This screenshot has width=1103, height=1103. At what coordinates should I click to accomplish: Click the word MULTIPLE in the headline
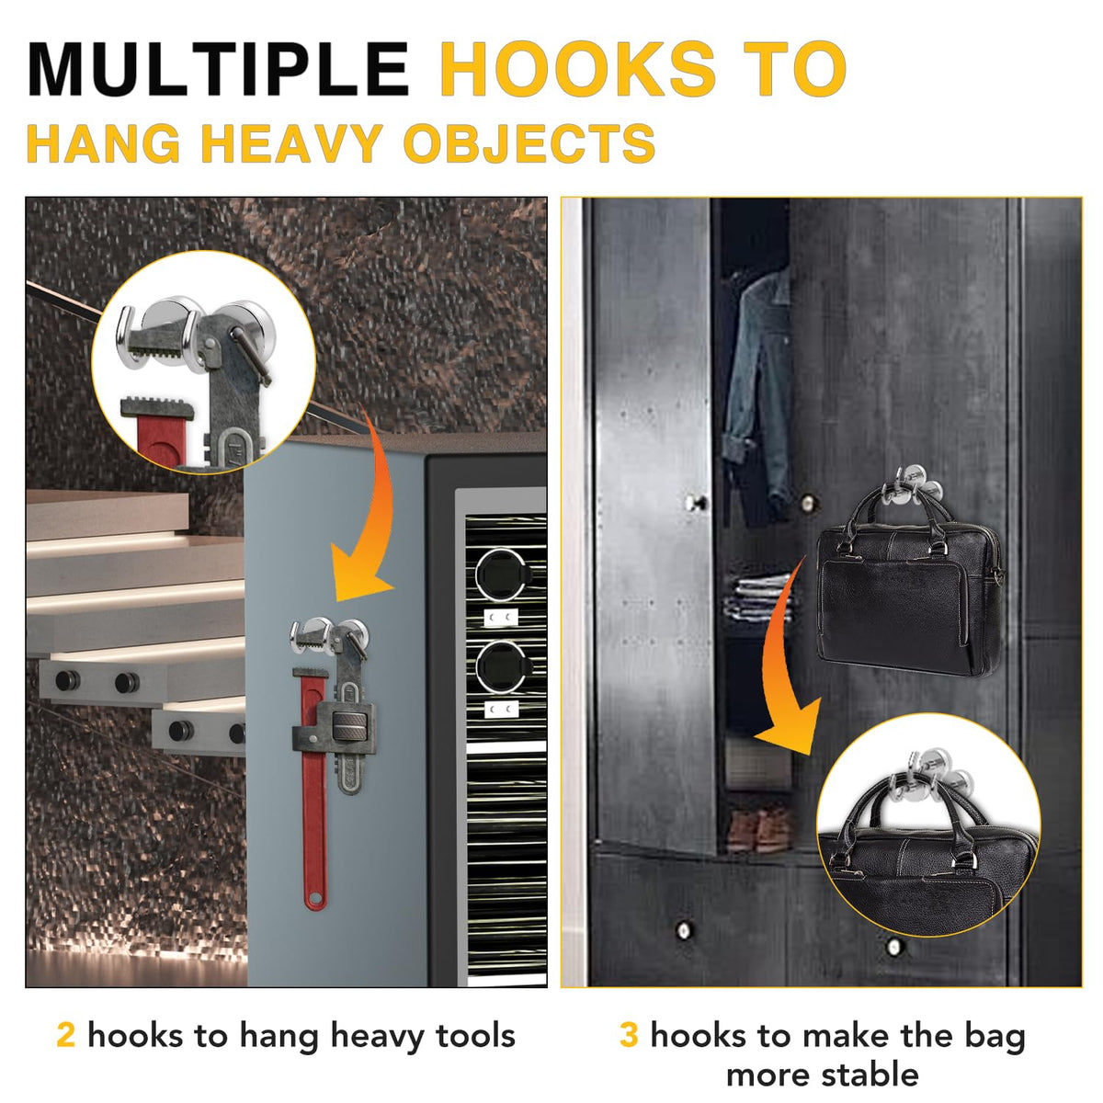[x=218, y=69]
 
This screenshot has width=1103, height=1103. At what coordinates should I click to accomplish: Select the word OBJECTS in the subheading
[x=529, y=143]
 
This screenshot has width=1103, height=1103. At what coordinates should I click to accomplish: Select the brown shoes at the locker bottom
[x=758, y=829]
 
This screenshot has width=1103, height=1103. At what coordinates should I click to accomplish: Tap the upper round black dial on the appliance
[x=500, y=574]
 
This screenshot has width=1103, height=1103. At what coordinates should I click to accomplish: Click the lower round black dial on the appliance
[x=500, y=665]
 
